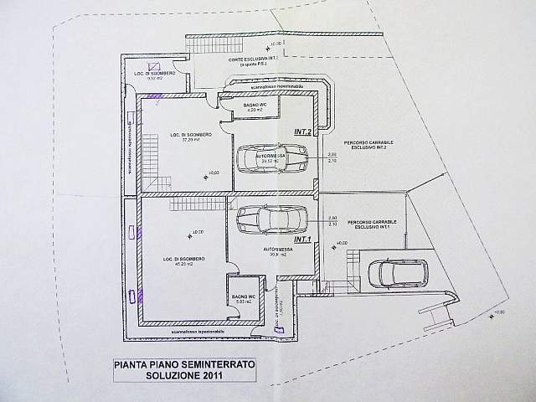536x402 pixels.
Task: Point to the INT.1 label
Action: point(303,240)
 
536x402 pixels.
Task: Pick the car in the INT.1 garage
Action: point(273,219)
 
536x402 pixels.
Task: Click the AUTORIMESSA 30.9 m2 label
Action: point(276,252)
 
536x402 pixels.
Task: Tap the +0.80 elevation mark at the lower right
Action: point(501,313)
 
